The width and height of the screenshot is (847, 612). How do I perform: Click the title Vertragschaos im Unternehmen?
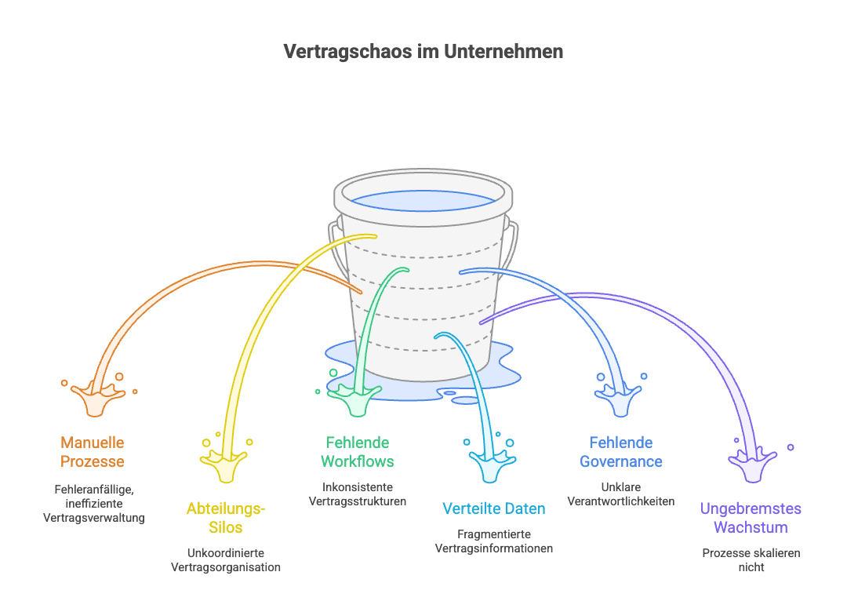(423, 52)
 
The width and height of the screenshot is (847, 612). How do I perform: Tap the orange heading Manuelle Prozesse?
(93, 452)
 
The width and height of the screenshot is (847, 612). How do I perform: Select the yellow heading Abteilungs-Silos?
(226, 518)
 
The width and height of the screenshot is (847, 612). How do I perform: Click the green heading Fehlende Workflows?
(358, 452)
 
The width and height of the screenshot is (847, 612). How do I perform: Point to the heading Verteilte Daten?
(494, 508)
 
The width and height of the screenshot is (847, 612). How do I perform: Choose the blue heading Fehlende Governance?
(621, 452)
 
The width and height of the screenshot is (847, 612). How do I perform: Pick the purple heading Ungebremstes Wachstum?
(751, 518)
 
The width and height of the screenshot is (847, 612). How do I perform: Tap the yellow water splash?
(227, 468)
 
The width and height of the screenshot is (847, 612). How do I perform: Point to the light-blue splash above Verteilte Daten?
(489, 468)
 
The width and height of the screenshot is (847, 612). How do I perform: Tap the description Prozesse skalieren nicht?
(751, 559)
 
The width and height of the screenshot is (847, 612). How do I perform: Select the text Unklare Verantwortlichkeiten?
(620, 494)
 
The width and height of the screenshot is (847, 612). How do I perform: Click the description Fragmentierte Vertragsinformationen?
(494, 541)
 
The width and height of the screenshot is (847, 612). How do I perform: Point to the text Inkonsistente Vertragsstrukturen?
(358, 494)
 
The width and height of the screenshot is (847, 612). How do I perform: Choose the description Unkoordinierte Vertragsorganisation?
(226, 559)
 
